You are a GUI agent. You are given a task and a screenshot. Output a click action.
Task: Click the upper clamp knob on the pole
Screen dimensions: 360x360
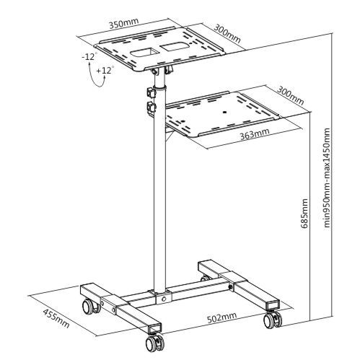[x=152, y=92]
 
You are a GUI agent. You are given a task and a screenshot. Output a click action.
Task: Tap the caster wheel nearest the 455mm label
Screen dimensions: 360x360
[x=91, y=307]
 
